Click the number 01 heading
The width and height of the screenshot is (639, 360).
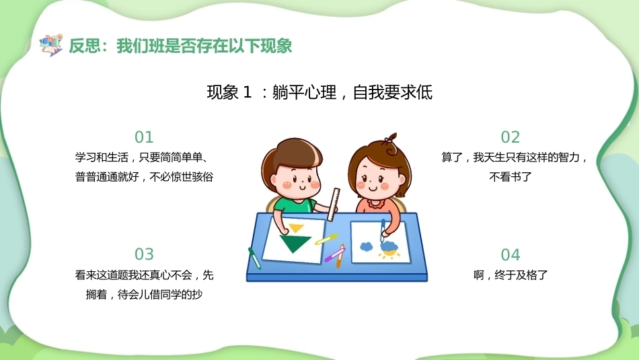[144, 137]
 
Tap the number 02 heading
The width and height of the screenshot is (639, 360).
[511, 137]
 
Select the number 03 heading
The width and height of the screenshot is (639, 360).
[144, 254]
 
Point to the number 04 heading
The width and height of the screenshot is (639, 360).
[511, 255]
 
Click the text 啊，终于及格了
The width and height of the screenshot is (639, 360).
[511, 275]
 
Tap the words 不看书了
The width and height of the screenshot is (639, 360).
[511, 177]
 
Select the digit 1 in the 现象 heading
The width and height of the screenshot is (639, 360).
[247, 93]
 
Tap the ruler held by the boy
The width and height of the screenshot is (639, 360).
[334, 205]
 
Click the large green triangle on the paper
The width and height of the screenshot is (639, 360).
[295, 244]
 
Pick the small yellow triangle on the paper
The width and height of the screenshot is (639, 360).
[296, 227]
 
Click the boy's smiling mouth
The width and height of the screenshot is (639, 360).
[303, 187]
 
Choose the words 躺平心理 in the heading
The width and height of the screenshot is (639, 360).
[304, 93]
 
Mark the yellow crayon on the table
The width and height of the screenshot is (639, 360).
[326, 239]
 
